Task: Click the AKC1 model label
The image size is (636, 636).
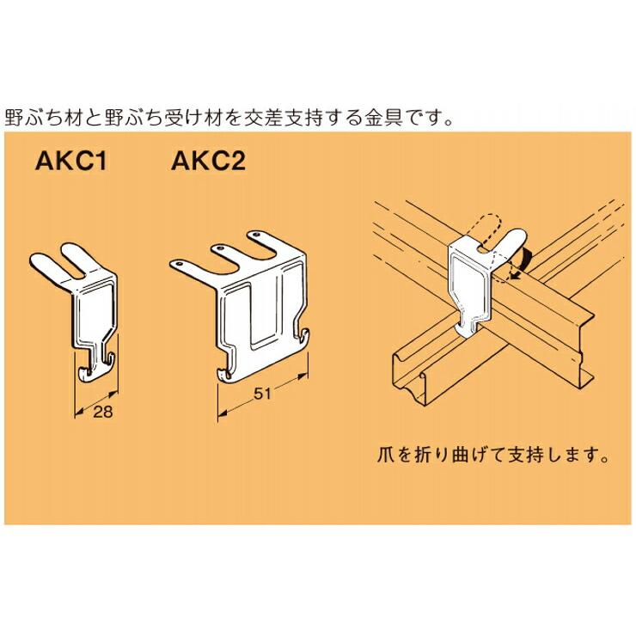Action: pyautogui.click(x=71, y=161)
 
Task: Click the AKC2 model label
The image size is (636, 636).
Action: pyautogui.click(x=209, y=161)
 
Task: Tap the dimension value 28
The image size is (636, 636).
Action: pyautogui.click(x=102, y=412)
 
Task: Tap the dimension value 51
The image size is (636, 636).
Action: pyautogui.click(x=261, y=394)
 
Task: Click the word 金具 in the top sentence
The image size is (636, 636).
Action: pyautogui.click(x=383, y=118)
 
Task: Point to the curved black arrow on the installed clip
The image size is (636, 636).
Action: pyautogui.click(x=523, y=264)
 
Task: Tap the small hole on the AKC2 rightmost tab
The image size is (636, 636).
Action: pyautogui.click(x=255, y=235)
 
